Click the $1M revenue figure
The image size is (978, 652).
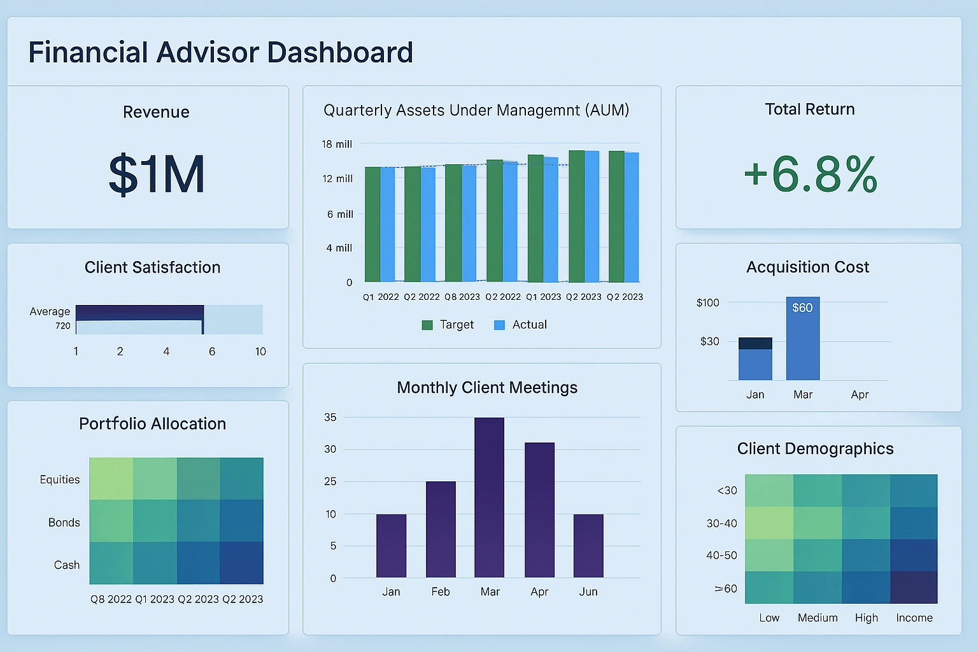(x=157, y=174)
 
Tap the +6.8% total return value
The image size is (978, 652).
(x=811, y=174)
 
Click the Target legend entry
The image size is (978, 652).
(x=448, y=325)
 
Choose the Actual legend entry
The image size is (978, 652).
(x=521, y=325)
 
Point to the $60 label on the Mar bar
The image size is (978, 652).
(x=802, y=308)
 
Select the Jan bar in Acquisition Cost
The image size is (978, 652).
(x=755, y=359)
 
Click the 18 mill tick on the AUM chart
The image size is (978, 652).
(x=337, y=144)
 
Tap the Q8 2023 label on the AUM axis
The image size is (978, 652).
(x=462, y=297)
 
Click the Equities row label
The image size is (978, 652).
(x=60, y=479)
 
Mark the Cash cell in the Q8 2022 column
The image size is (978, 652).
(x=111, y=563)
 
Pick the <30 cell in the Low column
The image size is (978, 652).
(x=769, y=490)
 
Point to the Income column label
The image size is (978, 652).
(x=914, y=618)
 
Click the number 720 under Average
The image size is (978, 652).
(x=63, y=325)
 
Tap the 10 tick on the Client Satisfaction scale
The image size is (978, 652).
(x=260, y=351)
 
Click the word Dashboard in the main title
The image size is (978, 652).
(x=340, y=52)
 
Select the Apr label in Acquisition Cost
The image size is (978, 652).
(x=860, y=395)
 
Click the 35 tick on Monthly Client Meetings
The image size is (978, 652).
(x=330, y=417)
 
